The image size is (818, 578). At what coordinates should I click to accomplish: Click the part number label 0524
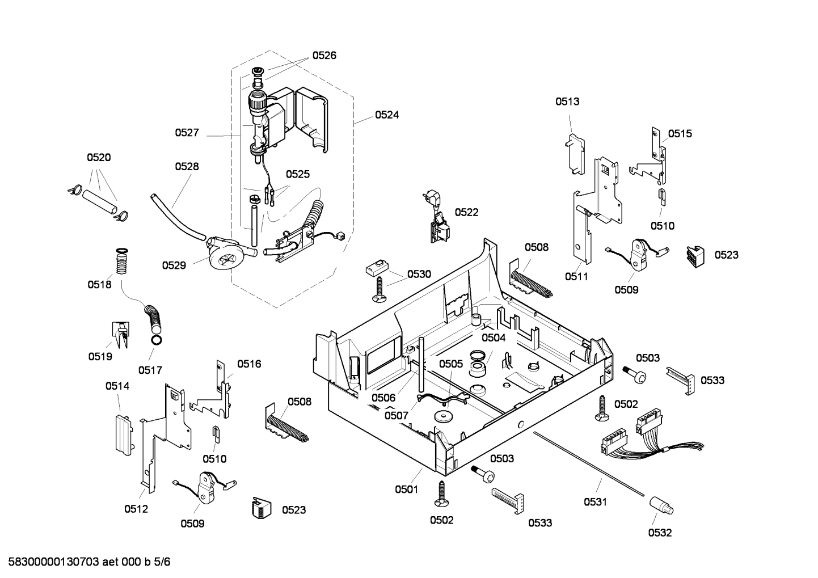coord(386,115)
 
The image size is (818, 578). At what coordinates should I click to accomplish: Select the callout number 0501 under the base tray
coord(406,489)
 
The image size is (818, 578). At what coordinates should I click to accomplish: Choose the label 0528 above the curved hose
coord(187,166)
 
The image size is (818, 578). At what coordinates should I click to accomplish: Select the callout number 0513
coord(567,102)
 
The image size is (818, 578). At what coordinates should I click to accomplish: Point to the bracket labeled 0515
coord(652,156)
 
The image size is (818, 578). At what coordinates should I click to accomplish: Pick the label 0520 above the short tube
coord(99,157)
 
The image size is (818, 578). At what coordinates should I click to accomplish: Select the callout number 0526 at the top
coord(324,55)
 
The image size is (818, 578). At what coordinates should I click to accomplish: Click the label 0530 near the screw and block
coord(419,274)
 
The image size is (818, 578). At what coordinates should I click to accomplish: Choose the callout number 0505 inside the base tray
coord(451,364)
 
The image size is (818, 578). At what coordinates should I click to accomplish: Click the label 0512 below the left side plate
coord(136,509)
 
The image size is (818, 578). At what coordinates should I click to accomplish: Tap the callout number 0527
coord(187,132)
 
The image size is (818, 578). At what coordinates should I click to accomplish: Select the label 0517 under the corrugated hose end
coord(150,370)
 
